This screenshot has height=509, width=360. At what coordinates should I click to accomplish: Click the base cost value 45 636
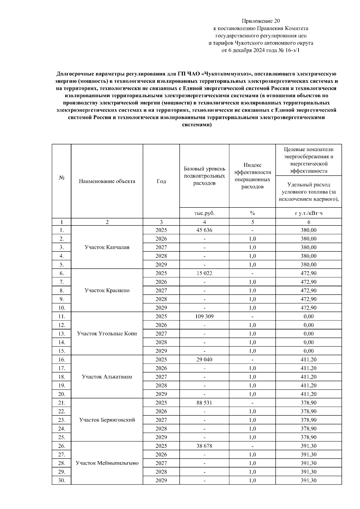tap(204, 230)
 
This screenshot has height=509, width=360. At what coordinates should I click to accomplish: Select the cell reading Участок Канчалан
tap(107, 247)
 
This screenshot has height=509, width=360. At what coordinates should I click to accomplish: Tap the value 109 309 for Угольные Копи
tap(204, 317)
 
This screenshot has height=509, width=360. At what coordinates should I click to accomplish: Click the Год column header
tap(161, 181)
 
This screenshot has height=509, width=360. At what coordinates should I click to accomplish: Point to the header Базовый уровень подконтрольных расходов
tap(204, 176)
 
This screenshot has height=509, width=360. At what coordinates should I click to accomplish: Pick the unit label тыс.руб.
tap(204, 213)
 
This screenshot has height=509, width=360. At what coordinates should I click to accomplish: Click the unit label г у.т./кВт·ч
tap(308, 213)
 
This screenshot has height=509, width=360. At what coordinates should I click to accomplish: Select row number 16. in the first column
tap(61, 360)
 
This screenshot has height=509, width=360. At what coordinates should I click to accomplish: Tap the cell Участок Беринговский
tap(107, 420)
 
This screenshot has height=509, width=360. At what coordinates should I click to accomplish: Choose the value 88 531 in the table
tap(204, 403)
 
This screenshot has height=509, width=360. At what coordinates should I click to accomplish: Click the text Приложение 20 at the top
tap(261, 21)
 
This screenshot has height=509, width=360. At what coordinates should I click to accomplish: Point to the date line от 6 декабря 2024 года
tap(261, 50)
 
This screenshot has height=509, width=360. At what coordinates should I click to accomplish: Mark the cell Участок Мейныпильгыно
tap(107, 463)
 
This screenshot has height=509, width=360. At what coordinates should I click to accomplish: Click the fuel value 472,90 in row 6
tap(308, 273)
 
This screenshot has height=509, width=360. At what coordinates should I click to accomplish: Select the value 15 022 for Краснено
tap(204, 273)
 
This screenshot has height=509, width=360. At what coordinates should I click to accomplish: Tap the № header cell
tap(61, 178)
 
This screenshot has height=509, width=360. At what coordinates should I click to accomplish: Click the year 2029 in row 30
tap(161, 481)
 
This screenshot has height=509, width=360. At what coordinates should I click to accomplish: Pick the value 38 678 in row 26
tap(204, 446)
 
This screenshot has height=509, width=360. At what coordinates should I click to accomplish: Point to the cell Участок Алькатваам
tap(107, 377)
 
